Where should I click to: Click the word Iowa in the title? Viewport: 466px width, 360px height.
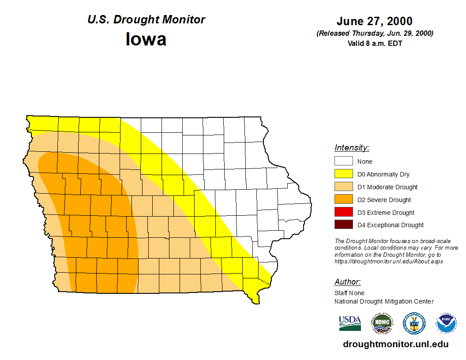pyautogui.click(x=146, y=39)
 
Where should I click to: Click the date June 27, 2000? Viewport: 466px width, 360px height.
pyautogui.click(x=374, y=21)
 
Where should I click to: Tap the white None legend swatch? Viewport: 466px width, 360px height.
pyautogui.click(x=343, y=161)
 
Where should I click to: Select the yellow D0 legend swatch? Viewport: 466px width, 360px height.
pyautogui.click(x=343, y=174)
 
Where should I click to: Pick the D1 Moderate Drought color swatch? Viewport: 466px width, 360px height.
pyautogui.click(x=343, y=187)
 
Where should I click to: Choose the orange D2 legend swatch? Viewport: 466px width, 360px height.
pyautogui.click(x=343, y=200)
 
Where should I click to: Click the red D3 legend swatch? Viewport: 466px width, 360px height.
pyautogui.click(x=343, y=212)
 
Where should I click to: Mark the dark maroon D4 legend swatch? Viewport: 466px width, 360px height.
pyautogui.click(x=343, y=225)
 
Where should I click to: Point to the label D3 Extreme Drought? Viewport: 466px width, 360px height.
pyautogui.click(x=386, y=213)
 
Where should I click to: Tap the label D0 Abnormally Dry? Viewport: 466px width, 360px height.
pyautogui.click(x=383, y=174)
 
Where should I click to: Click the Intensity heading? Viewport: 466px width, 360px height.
pyautogui.click(x=352, y=148)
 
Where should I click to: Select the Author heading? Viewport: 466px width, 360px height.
pyautogui.click(x=347, y=282)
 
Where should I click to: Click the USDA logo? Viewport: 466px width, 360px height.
pyautogui.click(x=350, y=323)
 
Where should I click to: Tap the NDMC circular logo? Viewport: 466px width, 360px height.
pyautogui.click(x=382, y=323)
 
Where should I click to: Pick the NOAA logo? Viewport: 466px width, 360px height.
pyautogui.click(x=446, y=323)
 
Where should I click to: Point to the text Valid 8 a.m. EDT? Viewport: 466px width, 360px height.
pyautogui.click(x=375, y=43)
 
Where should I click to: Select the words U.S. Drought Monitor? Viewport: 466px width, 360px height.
pyautogui.click(x=146, y=20)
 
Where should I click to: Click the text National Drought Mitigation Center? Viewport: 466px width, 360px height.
pyautogui.click(x=384, y=301)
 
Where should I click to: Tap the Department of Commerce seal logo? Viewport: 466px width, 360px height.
pyautogui.click(x=414, y=323)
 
